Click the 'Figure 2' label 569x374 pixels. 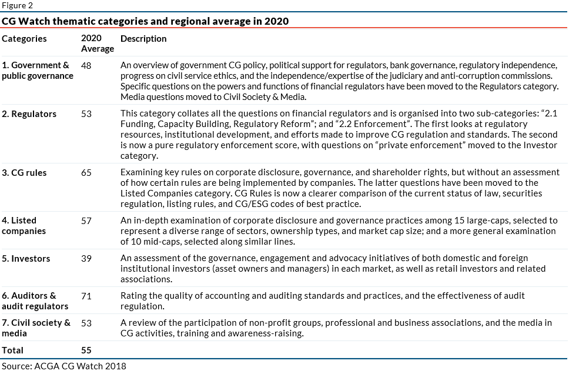click(x=17, y=5)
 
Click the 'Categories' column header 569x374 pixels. click(x=24, y=39)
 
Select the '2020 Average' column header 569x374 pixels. click(x=97, y=44)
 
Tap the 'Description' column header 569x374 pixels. click(x=143, y=39)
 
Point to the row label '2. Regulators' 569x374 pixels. click(x=29, y=114)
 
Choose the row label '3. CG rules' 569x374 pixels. click(x=24, y=173)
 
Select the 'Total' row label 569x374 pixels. click(x=13, y=350)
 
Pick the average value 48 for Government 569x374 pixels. click(x=86, y=66)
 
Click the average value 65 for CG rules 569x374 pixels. click(x=86, y=173)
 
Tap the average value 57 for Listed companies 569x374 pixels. click(x=86, y=221)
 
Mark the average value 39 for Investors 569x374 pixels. click(x=86, y=259)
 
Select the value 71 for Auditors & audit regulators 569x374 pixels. click(x=86, y=296)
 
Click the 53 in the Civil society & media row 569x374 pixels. click(x=86, y=323)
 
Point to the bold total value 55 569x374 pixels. click(x=86, y=350)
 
